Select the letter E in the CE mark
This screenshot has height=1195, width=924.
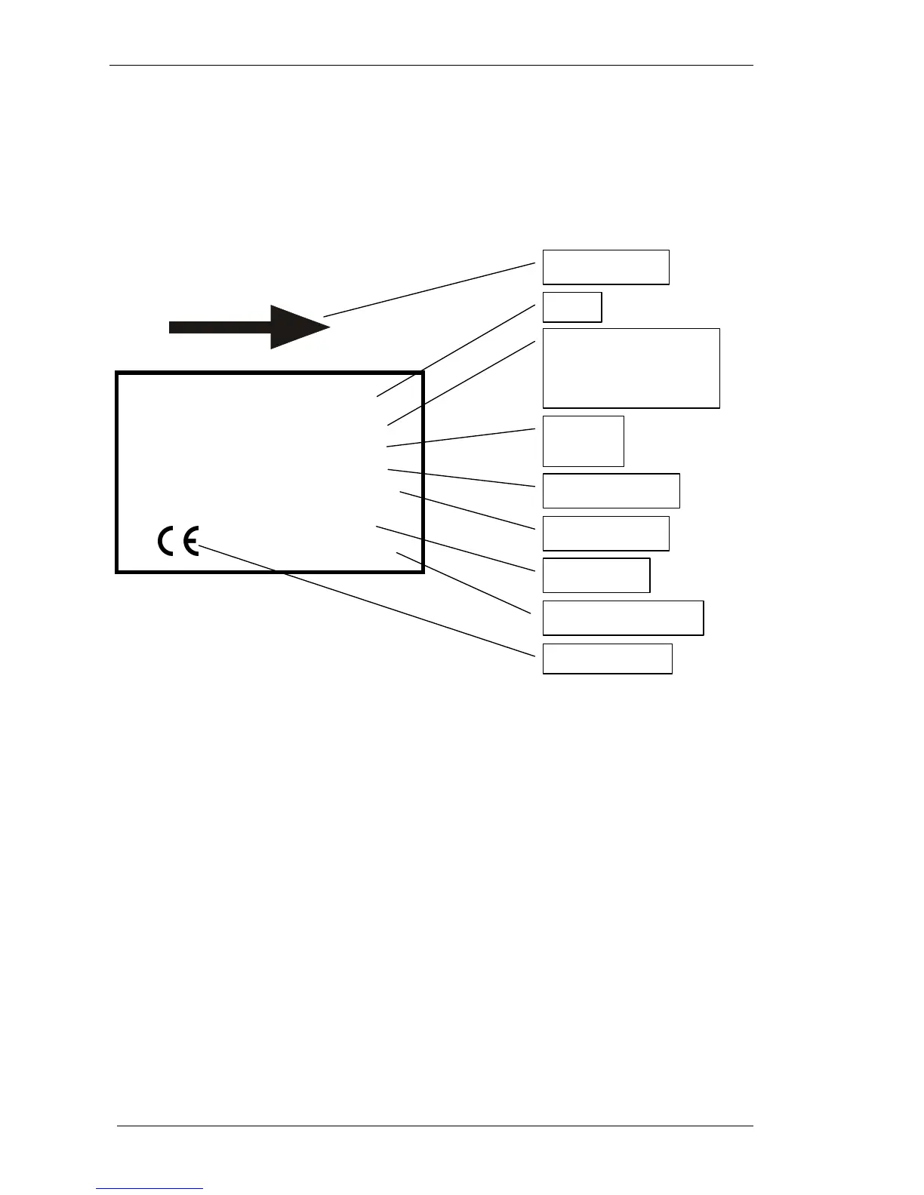(189, 541)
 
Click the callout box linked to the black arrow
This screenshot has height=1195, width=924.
(605, 267)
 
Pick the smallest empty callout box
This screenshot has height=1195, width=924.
(572, 307)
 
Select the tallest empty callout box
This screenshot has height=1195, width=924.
(631, 368)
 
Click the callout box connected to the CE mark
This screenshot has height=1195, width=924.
(607, 659)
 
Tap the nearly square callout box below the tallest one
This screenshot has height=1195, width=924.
(583, 441)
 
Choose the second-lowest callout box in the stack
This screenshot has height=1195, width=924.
(623, 618)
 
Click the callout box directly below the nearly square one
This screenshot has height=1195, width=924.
(611, 490)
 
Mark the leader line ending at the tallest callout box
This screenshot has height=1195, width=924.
(461, 382)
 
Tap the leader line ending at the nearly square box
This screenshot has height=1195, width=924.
(461, 438)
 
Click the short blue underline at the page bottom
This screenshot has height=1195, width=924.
(149, 1188)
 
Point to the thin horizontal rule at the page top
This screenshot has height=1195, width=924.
(431, 66)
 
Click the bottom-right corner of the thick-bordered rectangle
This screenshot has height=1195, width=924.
(422, 571)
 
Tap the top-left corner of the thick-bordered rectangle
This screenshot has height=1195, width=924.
(118, 373)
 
